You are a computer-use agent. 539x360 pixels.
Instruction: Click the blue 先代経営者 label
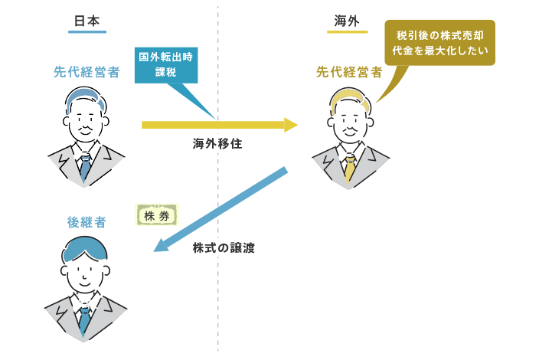click(x=87, y=73)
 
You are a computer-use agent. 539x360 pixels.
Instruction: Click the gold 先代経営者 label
click(x=349, y=73)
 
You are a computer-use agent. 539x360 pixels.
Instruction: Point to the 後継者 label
click(x=86, y=223)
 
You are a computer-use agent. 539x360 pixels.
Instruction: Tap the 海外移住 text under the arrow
click(x=217, y=142)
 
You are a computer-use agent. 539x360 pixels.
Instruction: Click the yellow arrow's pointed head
click(x=291, y=124)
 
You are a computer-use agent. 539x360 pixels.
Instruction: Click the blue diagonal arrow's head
click(x=160, y=246)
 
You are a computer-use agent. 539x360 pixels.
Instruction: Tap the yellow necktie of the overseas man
click(x=349, y=167)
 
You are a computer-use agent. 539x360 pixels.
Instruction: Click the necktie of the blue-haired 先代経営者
click(x=86, y=168)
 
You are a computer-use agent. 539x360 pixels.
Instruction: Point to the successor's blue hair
click(x=86, y=247)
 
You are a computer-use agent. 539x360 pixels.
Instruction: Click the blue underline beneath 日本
click(x=86, y=32)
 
